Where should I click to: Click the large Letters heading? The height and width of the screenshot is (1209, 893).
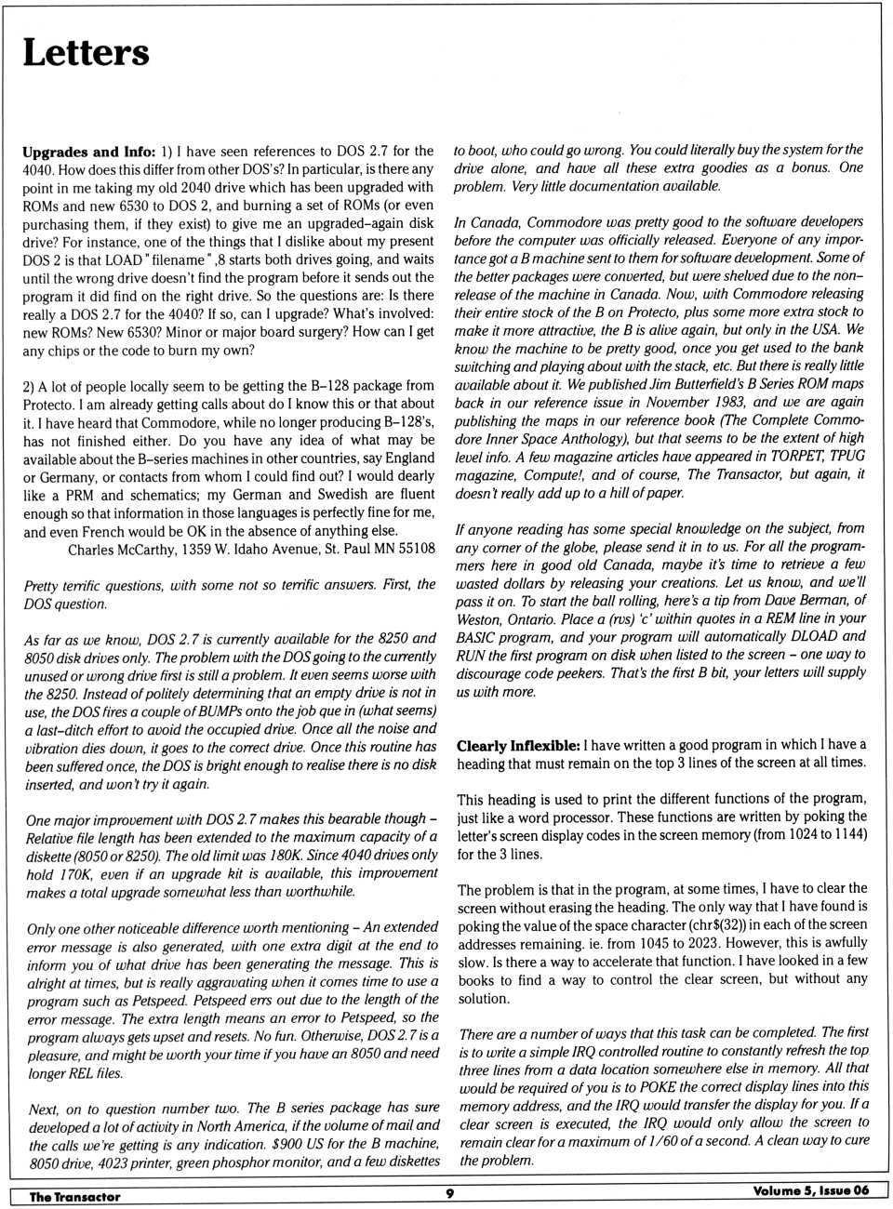coord(86,52)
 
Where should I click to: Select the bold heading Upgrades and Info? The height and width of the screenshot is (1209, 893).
coord(88,152)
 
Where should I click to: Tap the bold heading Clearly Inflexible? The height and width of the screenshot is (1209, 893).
coord(517,745)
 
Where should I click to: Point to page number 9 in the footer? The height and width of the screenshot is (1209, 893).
coord(449,1193)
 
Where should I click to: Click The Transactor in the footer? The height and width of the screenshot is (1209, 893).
coord(74,1197)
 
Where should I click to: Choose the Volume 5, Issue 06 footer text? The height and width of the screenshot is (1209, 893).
coord(810,1190)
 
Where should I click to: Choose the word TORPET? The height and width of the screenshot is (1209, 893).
coord(796,456)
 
